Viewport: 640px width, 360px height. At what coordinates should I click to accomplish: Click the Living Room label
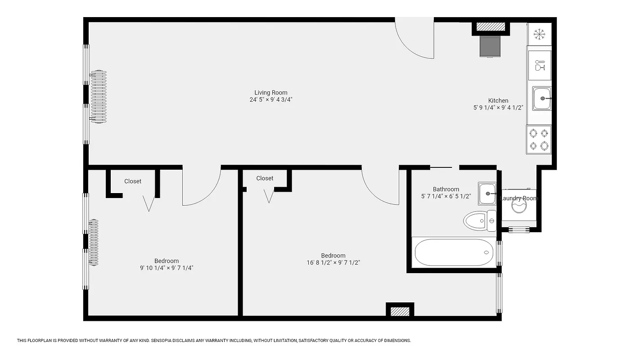[x=270, y=93]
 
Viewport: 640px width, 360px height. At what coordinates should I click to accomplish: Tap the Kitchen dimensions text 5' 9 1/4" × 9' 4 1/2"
[x=498, y=108]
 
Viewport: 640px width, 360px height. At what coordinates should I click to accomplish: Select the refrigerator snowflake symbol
[x=539, y=34]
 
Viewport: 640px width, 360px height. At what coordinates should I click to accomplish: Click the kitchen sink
[x=542, y=99]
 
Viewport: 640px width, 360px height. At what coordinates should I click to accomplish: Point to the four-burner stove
[x=539, y=139]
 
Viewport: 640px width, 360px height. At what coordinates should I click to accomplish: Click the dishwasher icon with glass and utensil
[x=539, y=65]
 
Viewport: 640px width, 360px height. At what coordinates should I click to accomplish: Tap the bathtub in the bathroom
[x=454, y=252]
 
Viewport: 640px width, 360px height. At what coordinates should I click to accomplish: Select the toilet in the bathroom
[x=480, y=221]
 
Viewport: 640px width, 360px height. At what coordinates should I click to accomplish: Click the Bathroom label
[x=446, y=189]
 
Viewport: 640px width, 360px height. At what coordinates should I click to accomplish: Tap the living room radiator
[x=98, y=97]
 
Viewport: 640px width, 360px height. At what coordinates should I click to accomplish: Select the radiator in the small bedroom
[x=94, y=242]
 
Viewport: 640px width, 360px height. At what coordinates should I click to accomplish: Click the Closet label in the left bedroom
[x=133, y=181]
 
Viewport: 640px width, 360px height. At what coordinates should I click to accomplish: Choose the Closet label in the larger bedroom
[x=265, y=178]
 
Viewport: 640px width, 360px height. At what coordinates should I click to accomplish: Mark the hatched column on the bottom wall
[x=400, y=311]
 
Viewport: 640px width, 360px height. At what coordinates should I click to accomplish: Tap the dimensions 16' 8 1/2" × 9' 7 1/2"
[x=333, y=262]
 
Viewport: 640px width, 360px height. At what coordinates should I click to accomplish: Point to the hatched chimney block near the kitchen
[x=491, y=27]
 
